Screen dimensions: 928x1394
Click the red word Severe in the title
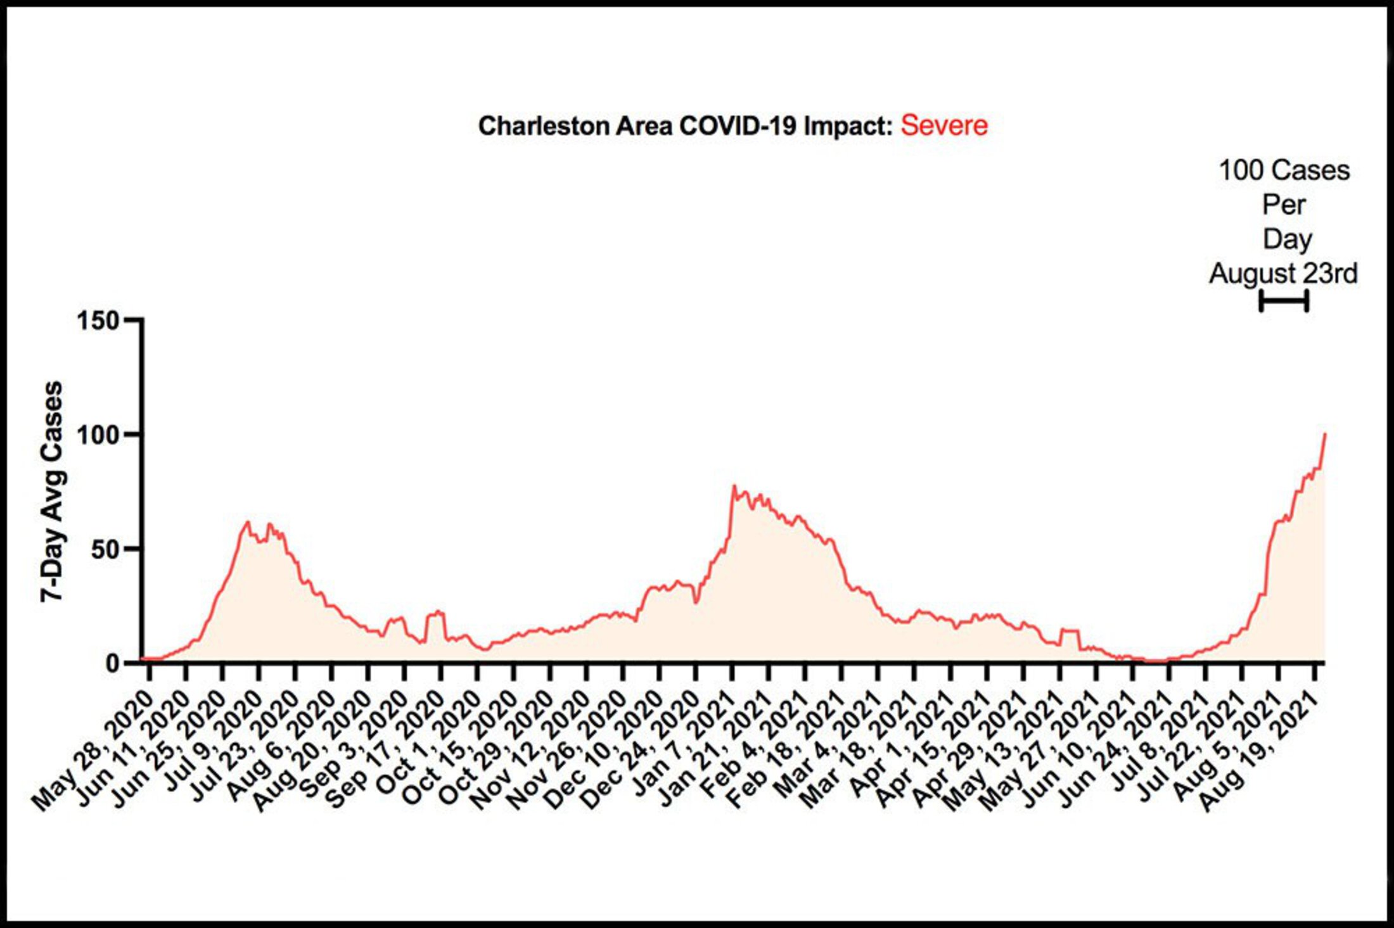943,125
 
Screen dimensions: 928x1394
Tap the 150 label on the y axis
98,321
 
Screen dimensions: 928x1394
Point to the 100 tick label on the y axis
98,435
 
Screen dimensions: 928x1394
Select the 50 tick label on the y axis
106,549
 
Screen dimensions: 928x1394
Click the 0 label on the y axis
113,663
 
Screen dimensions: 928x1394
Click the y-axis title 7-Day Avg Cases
52,492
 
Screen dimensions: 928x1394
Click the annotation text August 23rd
1283,274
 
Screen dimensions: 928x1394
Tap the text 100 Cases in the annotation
1284,170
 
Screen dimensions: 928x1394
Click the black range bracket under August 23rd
1284,301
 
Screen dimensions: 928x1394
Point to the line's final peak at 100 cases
1325,435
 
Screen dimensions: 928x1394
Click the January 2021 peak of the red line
734,486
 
